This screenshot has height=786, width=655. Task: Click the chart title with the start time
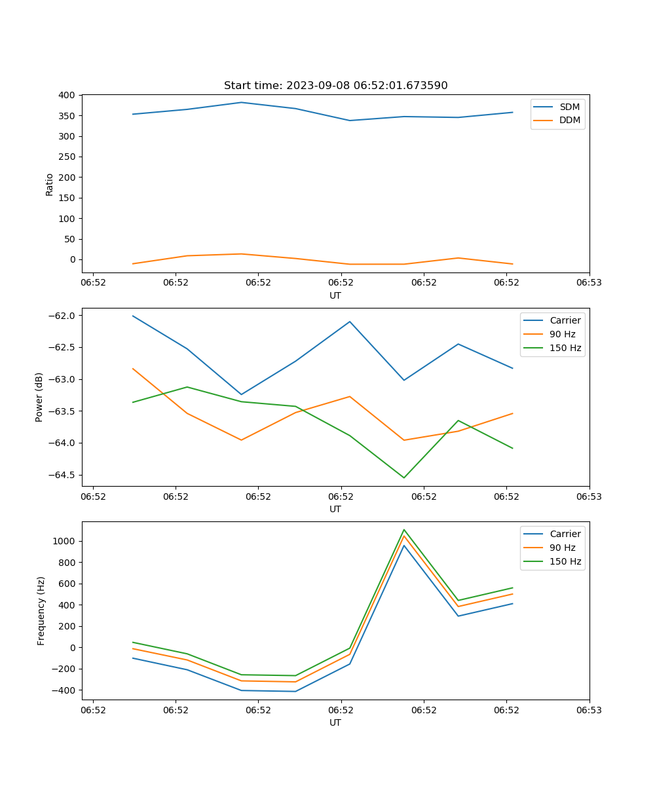pos(335,86)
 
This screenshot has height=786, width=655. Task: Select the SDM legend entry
pos(569,107)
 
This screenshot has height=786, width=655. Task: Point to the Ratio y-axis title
pos(50,184)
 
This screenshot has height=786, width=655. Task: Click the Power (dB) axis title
pos(39,397)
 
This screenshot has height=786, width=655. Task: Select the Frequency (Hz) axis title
pos(41,610)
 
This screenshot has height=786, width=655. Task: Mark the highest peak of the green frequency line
pos(404,529)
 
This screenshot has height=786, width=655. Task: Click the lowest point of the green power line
pos(404,477)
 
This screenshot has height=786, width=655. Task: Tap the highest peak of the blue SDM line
pos(241,102)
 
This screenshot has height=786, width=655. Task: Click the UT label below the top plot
pos(335,295)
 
